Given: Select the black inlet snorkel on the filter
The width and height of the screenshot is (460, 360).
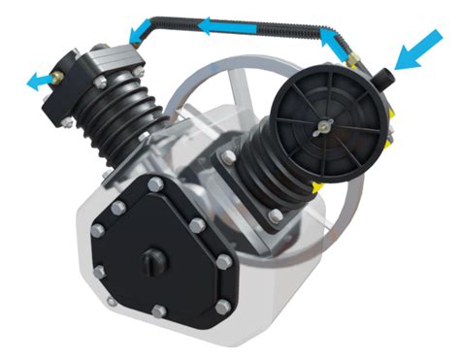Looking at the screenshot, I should coord(382,77).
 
